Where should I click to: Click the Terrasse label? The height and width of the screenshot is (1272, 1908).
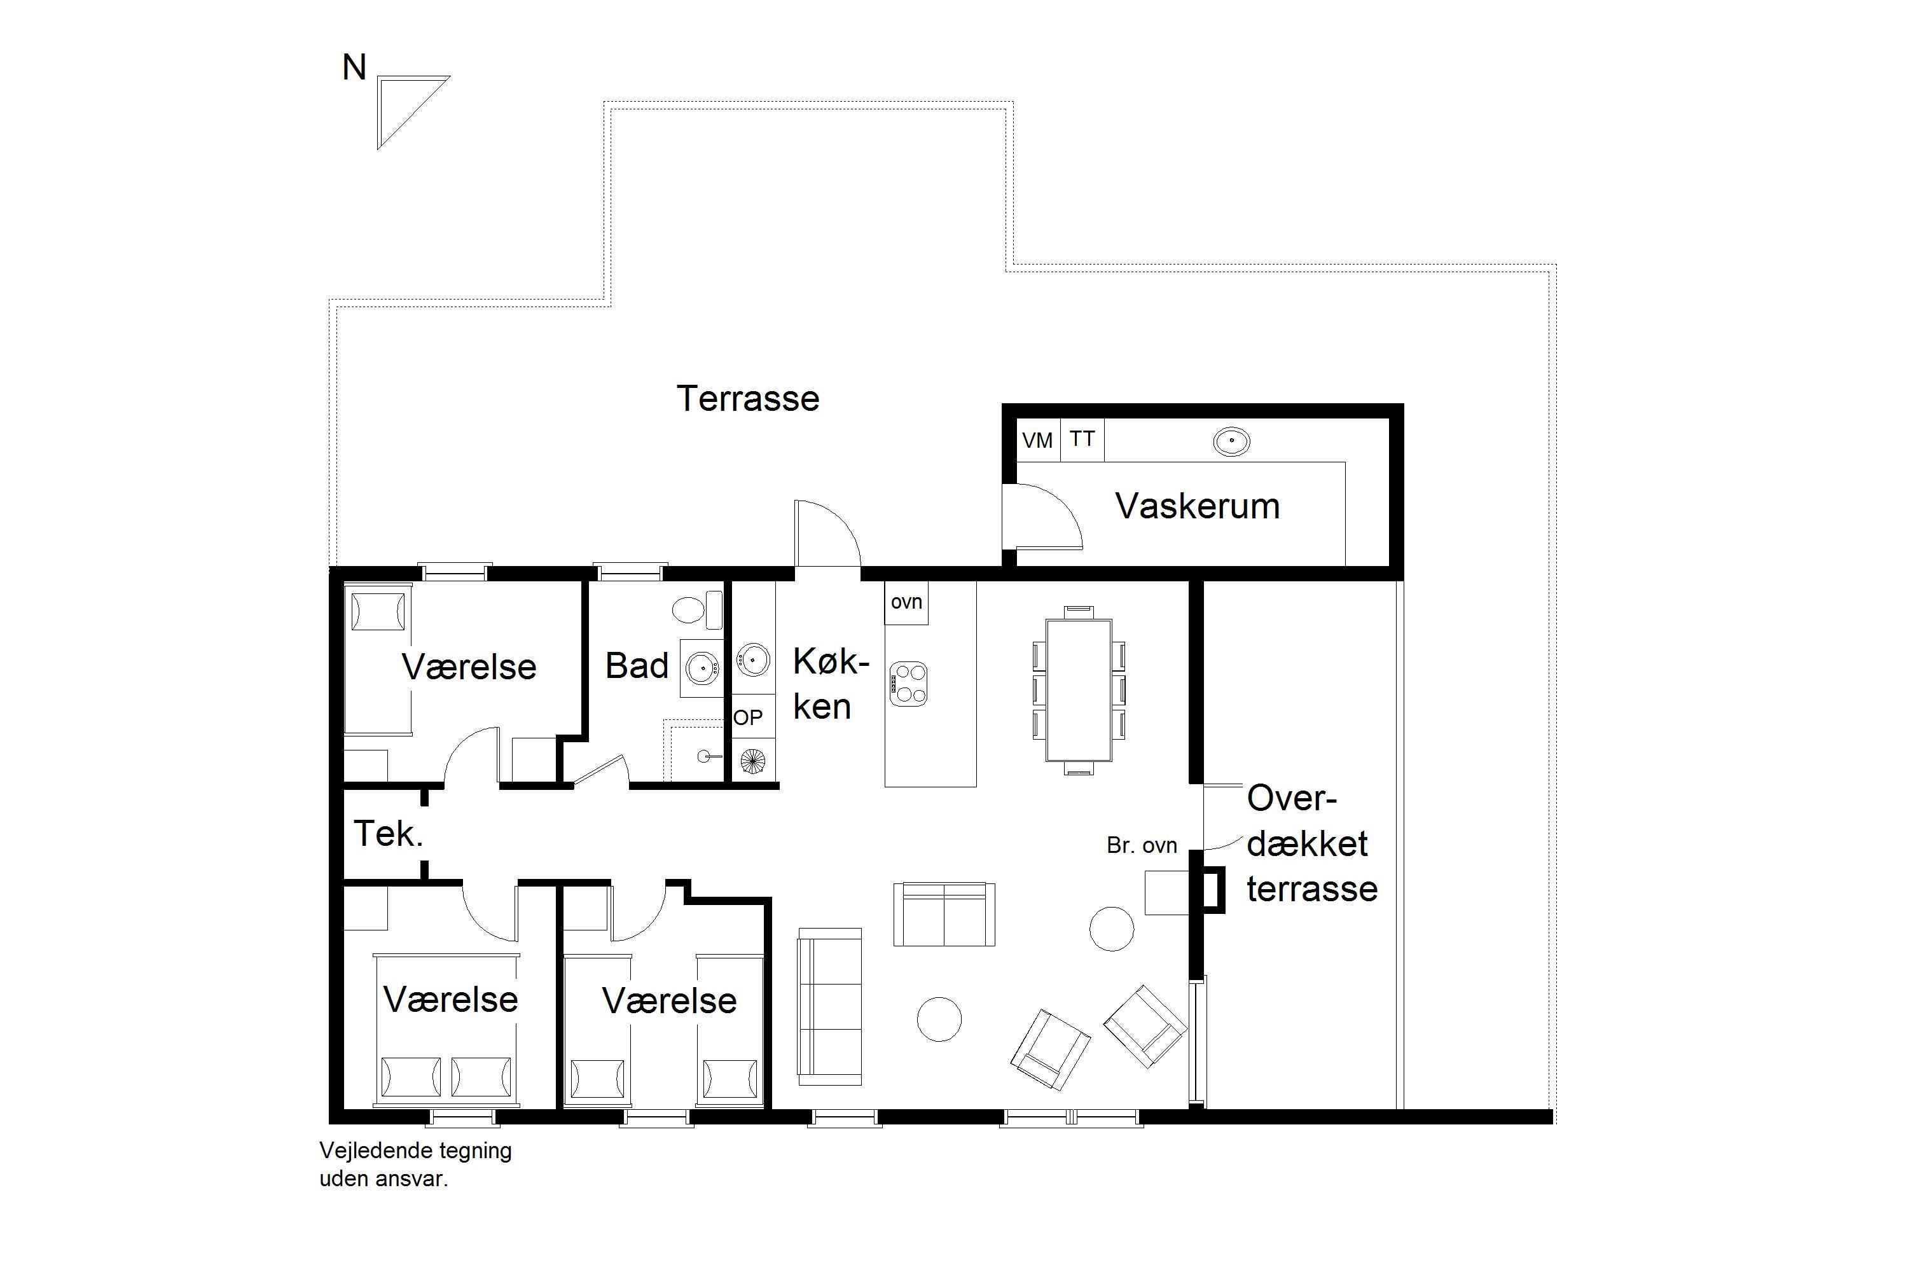[748, 398]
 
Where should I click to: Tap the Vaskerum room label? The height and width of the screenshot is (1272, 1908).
[1198, 506]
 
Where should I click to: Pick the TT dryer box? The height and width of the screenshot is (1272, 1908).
[1082, 439]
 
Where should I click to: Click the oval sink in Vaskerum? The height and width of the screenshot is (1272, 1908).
[1231, 442]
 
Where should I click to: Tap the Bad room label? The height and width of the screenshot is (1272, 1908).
[637, 666]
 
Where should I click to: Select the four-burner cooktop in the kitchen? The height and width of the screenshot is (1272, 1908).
[909, 683]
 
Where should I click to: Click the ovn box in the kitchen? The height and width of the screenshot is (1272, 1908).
[906, 603]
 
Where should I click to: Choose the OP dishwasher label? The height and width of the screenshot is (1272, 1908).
[748, 717]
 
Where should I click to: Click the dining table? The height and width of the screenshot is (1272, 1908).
[1078, 690]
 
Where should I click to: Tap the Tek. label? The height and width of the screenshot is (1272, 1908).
[389, 834]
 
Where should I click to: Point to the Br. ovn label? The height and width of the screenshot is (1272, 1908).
[1142, 845]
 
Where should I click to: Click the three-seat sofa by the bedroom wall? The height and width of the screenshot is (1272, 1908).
[830, 1007]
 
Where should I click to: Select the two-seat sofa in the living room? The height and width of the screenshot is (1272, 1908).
[944, 915]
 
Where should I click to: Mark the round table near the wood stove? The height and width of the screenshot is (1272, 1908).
[1111, 928]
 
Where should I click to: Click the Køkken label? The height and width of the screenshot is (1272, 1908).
[829, 684]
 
